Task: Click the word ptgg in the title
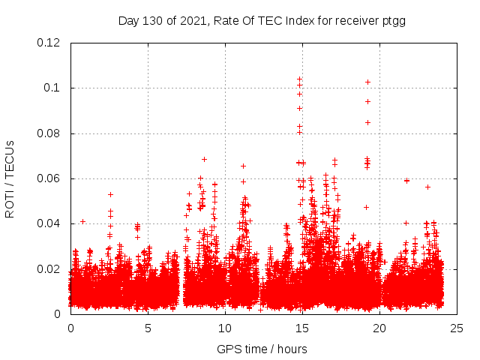[x=393, y=20]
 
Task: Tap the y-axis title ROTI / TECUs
[x=10, y=178]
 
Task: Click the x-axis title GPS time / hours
[x=262, y=349]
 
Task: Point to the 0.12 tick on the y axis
[x=50, y=43]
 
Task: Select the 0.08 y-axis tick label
[x=50, y=133]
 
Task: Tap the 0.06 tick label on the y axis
[x=50, y=178]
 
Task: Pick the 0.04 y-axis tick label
[x=50, y=223]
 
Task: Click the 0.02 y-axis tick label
[x=50, y=268]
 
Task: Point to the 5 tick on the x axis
[x=148, y=328]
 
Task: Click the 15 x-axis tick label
[x=302, y=328]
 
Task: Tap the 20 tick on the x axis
[x=379, y=328]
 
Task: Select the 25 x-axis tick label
[x=457, y=328]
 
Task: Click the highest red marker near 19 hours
[x=367, y=82]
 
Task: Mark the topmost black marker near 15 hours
[x=299, y=79]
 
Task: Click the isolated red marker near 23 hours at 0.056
[x=427, y=187]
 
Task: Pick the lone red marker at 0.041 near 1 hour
[x=82, y=221]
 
